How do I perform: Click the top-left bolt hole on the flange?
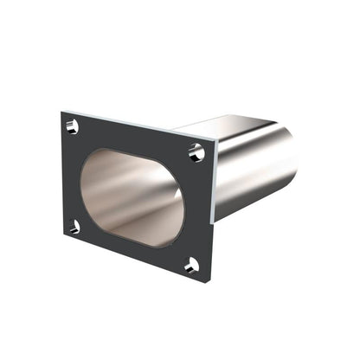point(72,127)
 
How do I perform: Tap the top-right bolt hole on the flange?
point(196,153)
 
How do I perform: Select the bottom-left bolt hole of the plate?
point(74,227)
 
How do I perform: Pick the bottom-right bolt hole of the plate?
point(191,265)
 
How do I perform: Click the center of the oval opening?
point(132,196)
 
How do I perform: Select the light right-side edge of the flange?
point(213,212)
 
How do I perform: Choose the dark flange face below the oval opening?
point(130,249)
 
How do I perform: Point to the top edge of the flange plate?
point(138,124)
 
